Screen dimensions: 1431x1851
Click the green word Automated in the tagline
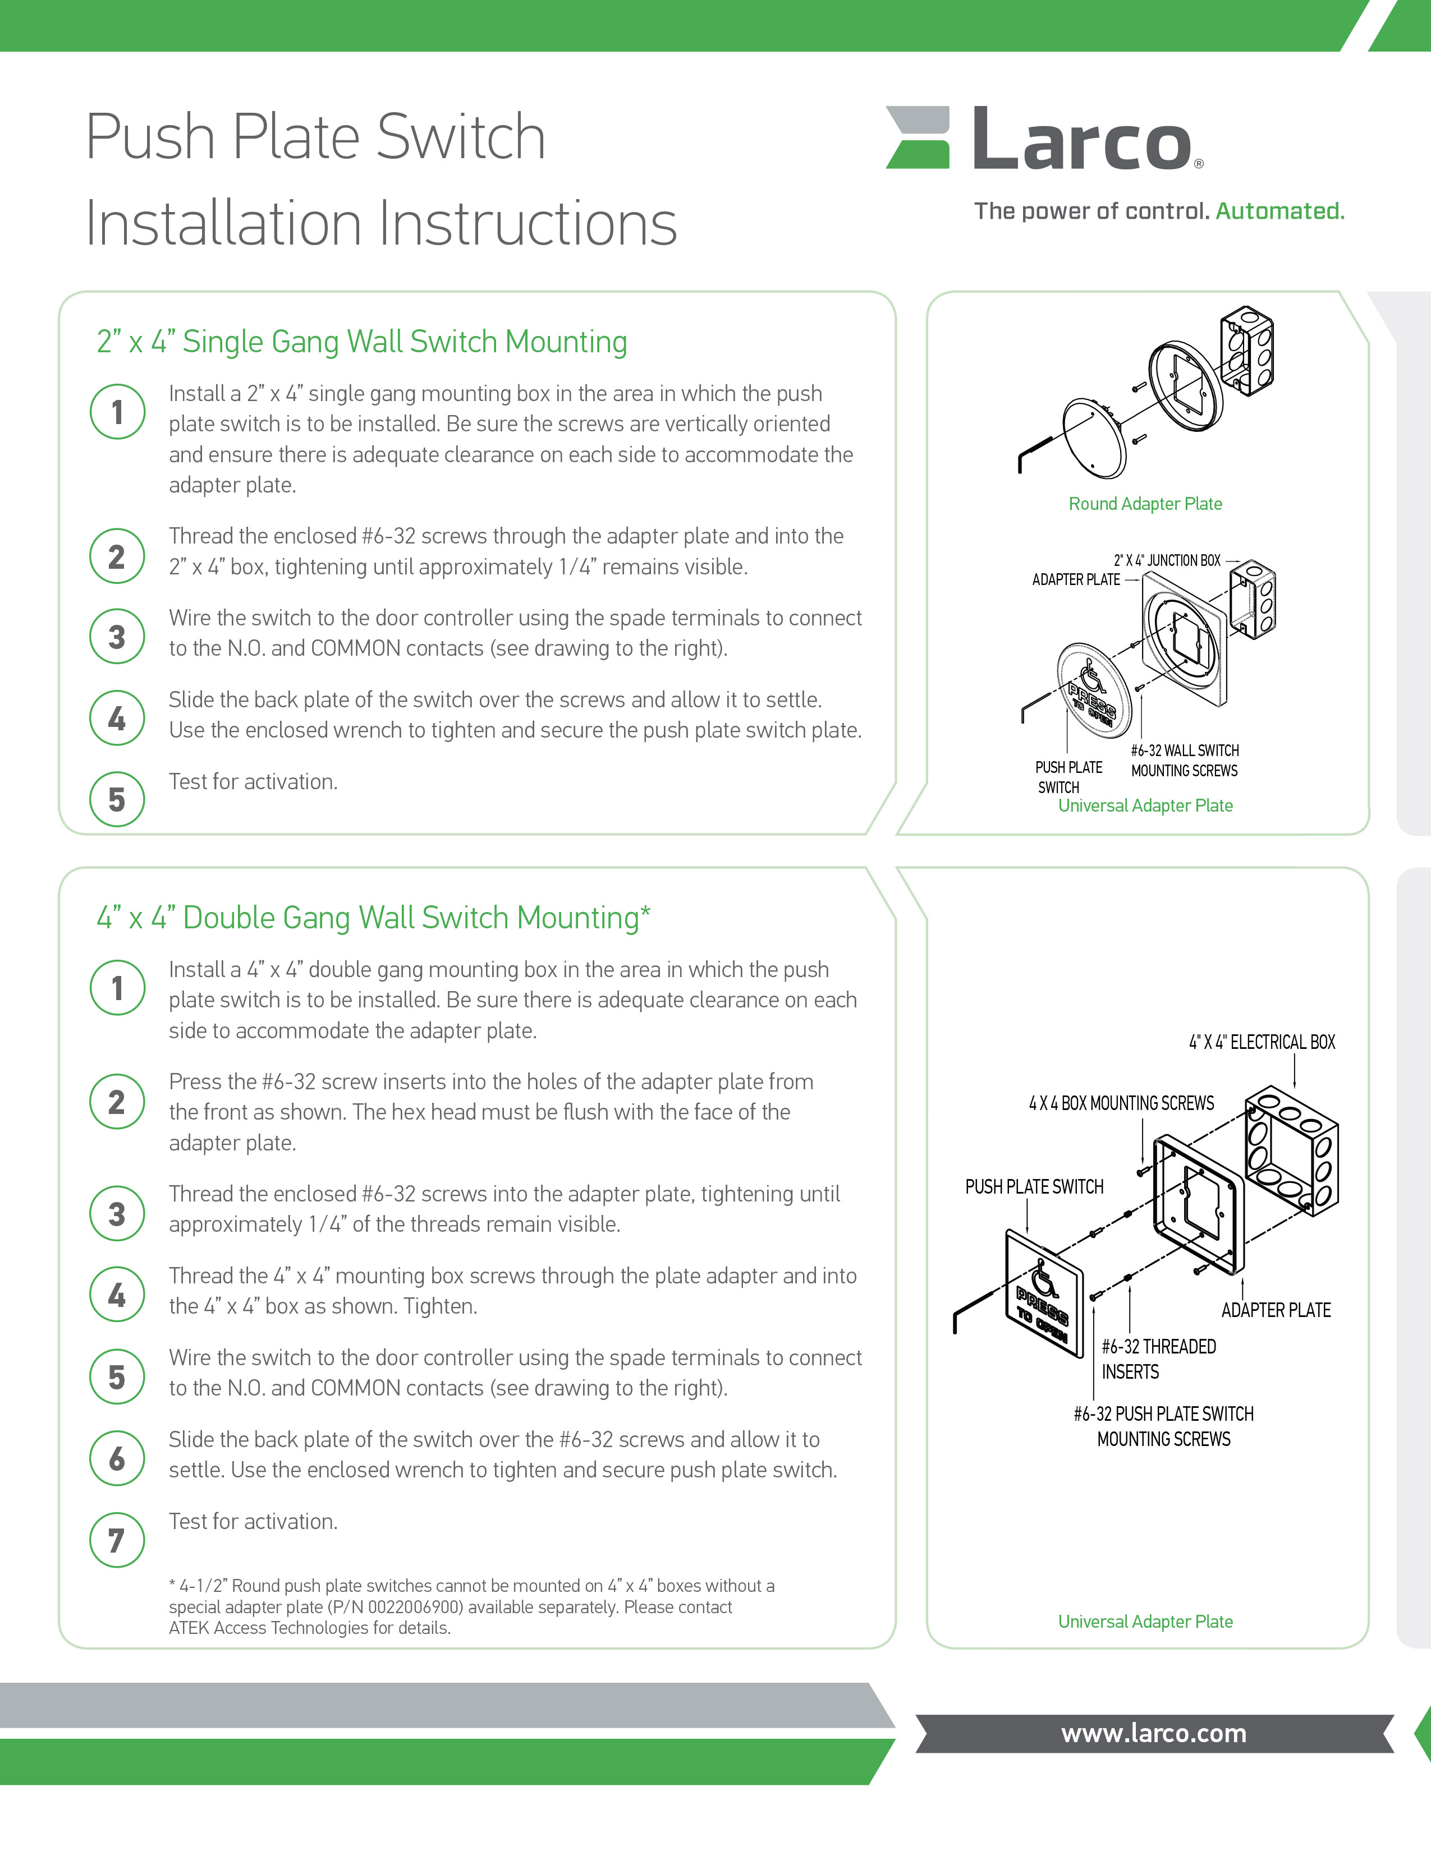point(1280,211)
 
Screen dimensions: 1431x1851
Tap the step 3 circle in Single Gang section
point(117,637)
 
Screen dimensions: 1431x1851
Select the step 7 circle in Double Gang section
point(117,1539)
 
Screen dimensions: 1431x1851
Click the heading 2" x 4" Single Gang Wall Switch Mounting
point(362,342)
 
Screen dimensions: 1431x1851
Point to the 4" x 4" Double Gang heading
point(374,918)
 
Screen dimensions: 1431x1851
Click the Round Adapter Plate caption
point(1145,504)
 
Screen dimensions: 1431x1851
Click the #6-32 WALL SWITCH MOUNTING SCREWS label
point(1184,760)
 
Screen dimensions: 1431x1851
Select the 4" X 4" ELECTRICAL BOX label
point(1262,1042)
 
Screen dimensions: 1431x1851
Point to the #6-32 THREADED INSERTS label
point(1158,1359)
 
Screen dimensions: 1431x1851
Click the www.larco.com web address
point(1154,1733)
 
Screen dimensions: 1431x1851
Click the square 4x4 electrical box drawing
point(1291,1151)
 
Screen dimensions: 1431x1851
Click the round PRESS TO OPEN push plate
point(1094,689)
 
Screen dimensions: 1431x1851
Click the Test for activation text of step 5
point(253,781)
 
